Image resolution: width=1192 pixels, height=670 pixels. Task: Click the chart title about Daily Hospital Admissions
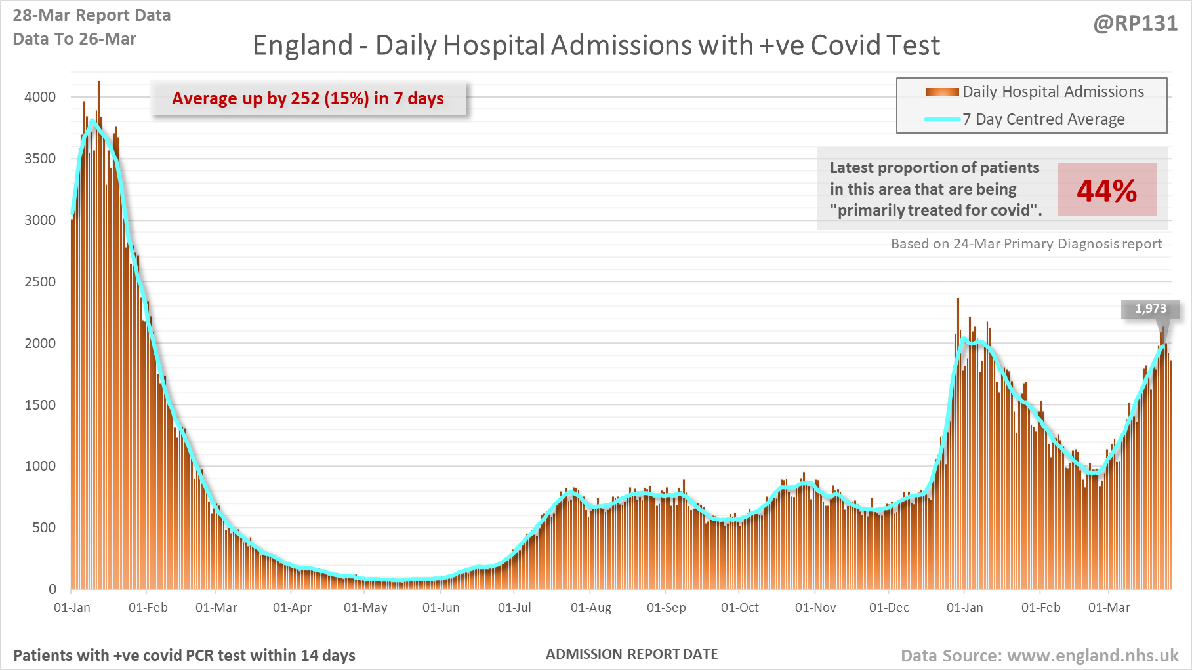pyautogui.click(x=596, y=45)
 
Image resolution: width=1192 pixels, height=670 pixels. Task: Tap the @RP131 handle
pyautogui.click(x=1135, y=24)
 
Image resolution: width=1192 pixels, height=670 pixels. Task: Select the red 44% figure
pyautogui.click(x=1107, y=191)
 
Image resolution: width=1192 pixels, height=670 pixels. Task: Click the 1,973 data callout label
pyautogui.click(x=1151, y=309)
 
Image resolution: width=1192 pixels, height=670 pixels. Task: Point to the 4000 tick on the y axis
pyautogui.click(x=40, y=97)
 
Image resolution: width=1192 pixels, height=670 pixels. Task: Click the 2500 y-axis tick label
pyautogui.click(x=40, y=282)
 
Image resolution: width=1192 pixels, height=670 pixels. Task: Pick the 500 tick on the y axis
pyautogui.click(x=44, y=528)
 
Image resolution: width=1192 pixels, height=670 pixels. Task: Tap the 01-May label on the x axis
pyautogui.click(x=365, y=608)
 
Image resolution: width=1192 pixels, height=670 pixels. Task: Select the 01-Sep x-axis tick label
pyautogui.click(x=666, y=608)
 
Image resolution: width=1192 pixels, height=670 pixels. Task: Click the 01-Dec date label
pyautogui.click(x=889, y=608)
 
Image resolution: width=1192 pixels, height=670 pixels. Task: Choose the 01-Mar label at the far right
pyautogui.click(x=1109, y=608)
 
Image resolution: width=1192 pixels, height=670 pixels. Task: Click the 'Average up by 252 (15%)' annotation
pyautogui.click(x=308, y=98)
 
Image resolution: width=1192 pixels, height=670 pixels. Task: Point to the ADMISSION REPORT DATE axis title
pyautogui.click(x=632, y=654)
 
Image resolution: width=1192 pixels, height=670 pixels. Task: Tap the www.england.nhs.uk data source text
pyautogui.click(x=1039, y=656)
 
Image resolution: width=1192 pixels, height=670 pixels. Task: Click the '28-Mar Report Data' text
pyautogui.click(x=92, y=16)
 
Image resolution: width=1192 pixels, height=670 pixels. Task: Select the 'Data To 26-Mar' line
pyautogui.click(x=75, y=39)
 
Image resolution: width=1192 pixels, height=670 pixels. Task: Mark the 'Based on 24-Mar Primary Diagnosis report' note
pyautogui.click(x=1026, y=244)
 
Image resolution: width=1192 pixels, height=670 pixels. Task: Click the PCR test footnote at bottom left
pyautogui.click(x=184, y=656)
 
